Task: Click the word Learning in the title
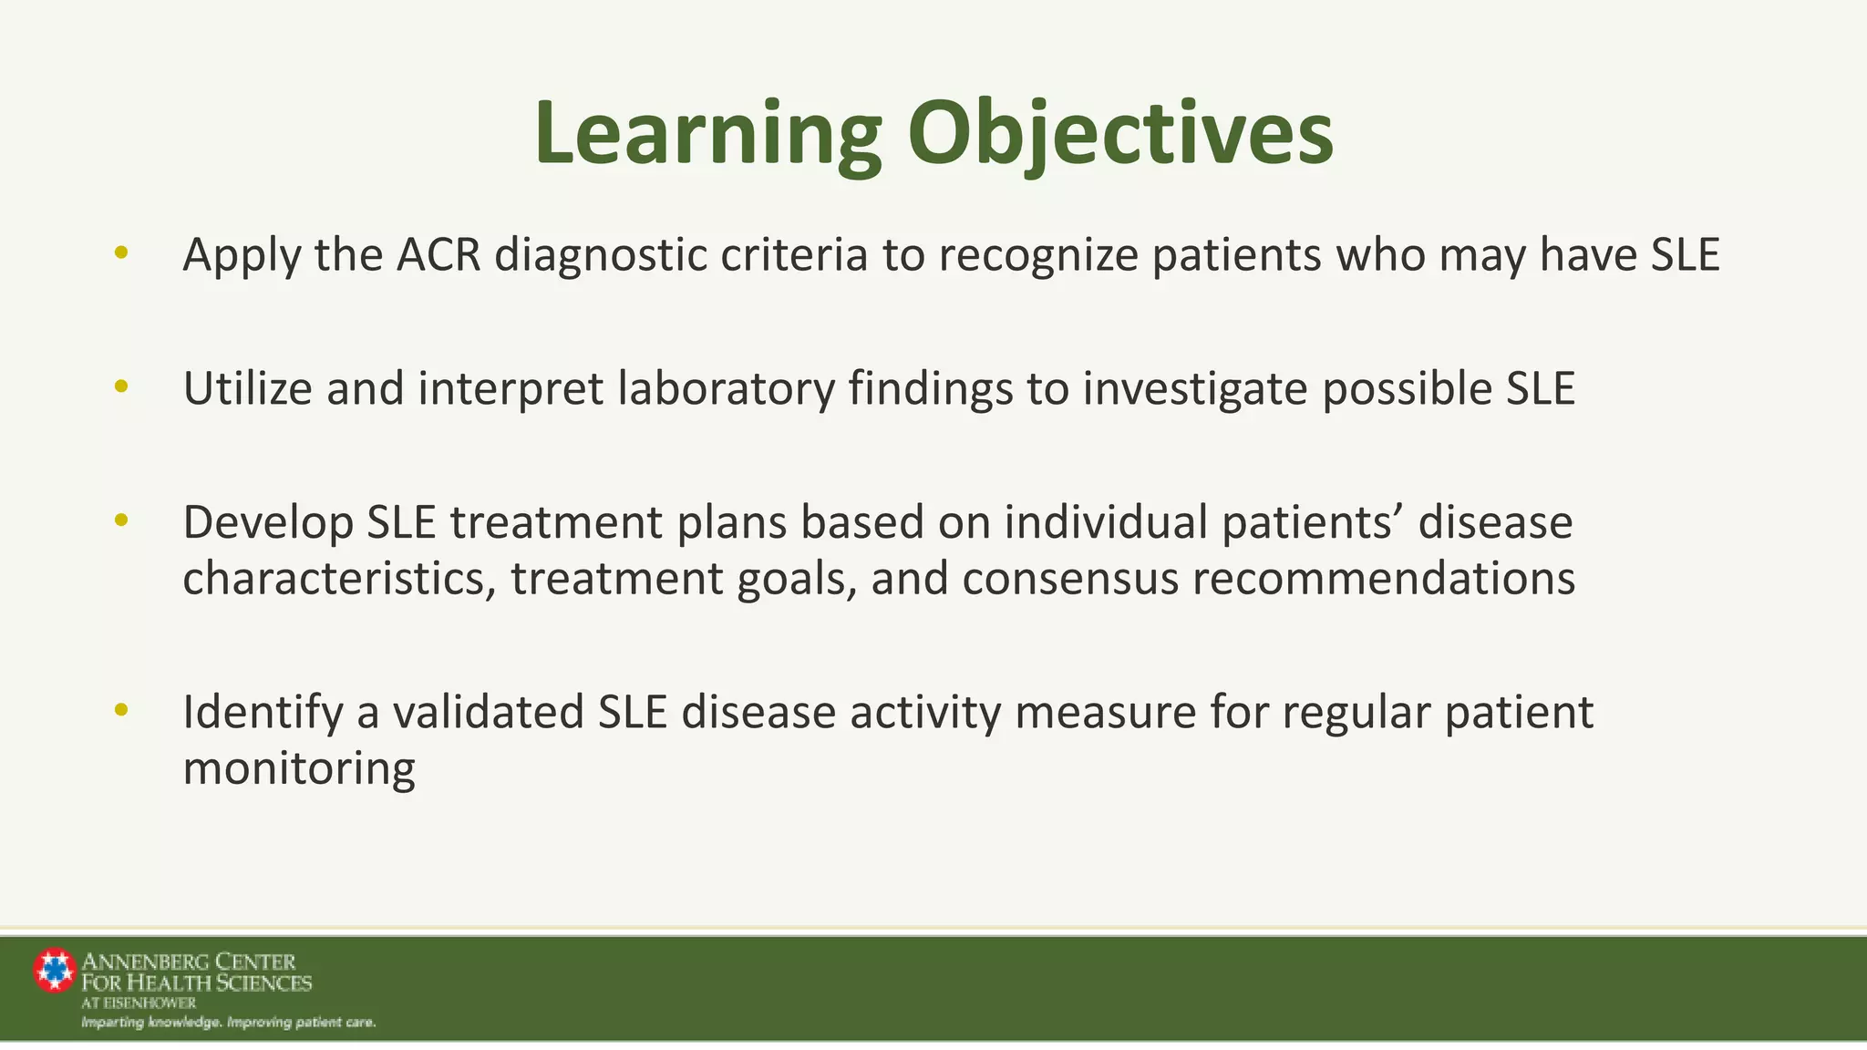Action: (x=707, y=134)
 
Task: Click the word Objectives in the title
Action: (x=1120, y=134)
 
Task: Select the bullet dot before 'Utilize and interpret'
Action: (x=121, y=386)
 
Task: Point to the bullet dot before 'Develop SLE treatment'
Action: (x=121, y=520)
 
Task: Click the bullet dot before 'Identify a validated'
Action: (x=121, y=709)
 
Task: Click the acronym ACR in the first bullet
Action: (x=438, y=254)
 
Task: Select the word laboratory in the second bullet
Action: (x=726, y=389)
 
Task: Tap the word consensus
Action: (x=1070, y=580)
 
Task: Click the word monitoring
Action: (x=299, y=768)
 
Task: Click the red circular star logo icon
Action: (x=55, y=970)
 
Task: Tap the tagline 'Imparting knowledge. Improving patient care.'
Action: (x=229, y=1023)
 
